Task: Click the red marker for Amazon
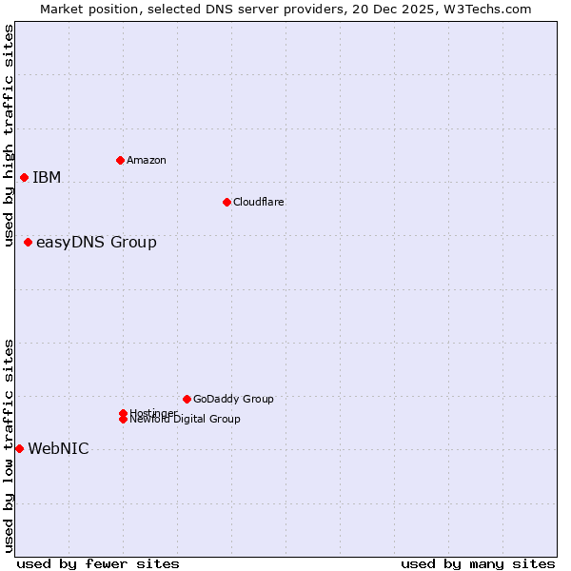point(120,160)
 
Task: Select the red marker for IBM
point(24,177)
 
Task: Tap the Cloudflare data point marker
point(226,202)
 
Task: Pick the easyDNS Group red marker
point(28,242)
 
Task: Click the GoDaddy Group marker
point(187,399)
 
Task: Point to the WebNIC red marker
point(19,448)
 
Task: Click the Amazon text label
point(146,160)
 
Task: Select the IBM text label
point(47,177)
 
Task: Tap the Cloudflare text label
point(258,202)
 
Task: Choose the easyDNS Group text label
point(96,242)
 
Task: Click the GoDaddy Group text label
point(233,399)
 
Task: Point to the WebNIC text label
point(58,449)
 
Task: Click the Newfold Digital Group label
point(186,420)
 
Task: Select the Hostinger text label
point(153,412)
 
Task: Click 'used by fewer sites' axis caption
point(98,563)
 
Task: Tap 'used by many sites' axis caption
point(478,563)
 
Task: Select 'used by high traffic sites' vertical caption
point(9,135)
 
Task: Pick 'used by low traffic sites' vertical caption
point(9,445)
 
